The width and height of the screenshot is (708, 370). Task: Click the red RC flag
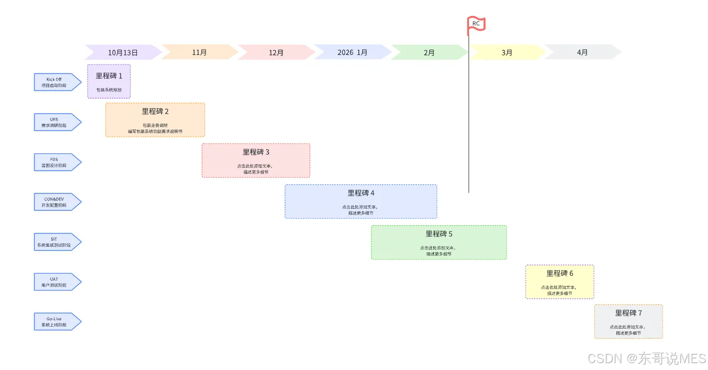click(476, 24)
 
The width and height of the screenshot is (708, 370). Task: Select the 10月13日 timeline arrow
click(123, 52)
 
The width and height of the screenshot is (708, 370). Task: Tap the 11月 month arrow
click(199, 52)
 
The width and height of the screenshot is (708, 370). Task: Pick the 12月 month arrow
click(276, 52)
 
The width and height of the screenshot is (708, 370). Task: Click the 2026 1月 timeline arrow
click(352, 52)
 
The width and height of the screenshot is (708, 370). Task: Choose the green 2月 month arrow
click(429, 52)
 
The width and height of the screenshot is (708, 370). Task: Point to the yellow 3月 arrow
click(507, 52)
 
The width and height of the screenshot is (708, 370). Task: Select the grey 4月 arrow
click(582, 52)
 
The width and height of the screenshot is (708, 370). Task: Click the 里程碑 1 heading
click(109, 76)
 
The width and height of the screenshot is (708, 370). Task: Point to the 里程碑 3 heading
click(256, 152)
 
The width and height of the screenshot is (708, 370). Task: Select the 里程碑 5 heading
click(439, 234)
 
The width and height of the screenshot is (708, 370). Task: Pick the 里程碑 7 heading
click(628, 313)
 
